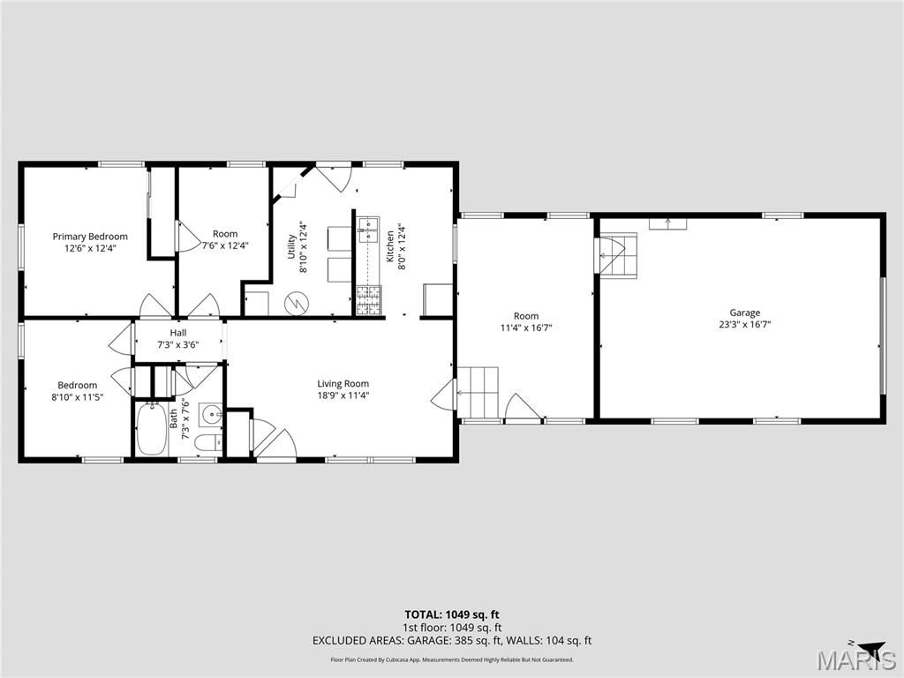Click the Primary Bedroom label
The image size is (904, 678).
pos(90,237)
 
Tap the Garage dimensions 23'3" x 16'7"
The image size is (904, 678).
pos(744,325)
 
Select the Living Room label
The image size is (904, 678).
pos(343,383)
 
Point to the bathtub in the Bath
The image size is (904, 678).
pos(152,430)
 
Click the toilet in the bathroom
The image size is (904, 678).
pos(207,442)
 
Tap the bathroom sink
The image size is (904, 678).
pos(211,414)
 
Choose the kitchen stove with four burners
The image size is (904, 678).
pos(369,300)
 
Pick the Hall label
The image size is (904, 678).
pos(178,333)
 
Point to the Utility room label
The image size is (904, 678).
pos(291,246)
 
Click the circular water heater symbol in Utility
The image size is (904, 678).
pos(297,304)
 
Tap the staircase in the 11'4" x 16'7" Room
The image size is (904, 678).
pos(478,392)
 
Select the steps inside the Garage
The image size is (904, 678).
pos(619,255)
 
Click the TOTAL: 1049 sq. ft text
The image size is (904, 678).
pos(451,614)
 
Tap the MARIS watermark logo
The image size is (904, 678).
pos(856,660)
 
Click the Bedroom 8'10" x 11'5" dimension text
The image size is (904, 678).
pos(78,396)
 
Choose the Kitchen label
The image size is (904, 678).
pos(390,246)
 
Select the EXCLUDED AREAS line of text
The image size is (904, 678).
pos(451,641)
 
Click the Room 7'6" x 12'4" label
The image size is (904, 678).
pos(225,239)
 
